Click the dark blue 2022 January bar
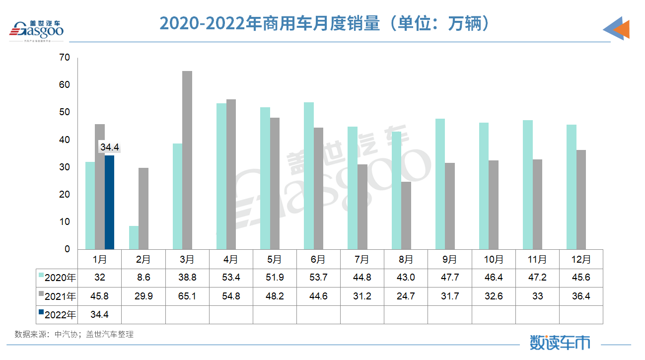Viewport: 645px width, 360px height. click(109, 202)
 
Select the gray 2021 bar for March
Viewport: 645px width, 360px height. click(187, 160)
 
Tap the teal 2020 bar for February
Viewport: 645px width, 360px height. click(134, 237)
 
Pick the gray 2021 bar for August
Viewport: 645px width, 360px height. click(406, 215)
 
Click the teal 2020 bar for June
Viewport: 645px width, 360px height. click(309, 176)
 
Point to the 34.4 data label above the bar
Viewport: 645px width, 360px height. click(110, 147)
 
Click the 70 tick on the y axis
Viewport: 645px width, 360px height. click(65, 58)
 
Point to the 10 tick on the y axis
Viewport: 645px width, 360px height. click(65, 221)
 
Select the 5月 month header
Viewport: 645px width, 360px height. click(275, 259)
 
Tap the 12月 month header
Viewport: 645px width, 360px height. click(581, 259)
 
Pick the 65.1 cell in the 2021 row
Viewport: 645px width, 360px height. click(187, 296)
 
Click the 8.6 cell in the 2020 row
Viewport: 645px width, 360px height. click(143, 278)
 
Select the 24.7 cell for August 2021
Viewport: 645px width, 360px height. click(406, 296)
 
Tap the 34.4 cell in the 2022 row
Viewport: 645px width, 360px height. click(100, 315)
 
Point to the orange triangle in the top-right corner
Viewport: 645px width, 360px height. click(622, 30)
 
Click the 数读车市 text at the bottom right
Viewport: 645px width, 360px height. click(560, 342)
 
